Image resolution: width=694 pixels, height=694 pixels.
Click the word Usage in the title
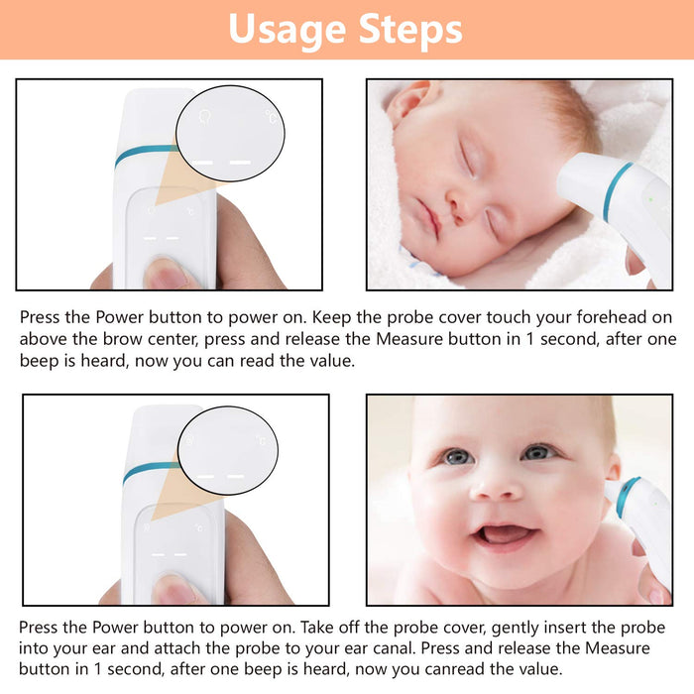coord(287,30)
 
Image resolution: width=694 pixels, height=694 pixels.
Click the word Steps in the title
coord(410,29)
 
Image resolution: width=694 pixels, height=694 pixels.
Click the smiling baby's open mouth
coord(504,534)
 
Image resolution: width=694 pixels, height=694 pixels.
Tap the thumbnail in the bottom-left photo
coord(173,590)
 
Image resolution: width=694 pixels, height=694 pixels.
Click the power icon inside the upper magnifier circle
coord(204,117)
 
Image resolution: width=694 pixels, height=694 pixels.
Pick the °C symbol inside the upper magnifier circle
coord(272,117)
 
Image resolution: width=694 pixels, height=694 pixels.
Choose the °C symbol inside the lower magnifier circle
coord(261,440)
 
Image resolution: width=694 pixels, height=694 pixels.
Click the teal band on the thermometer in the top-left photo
coord(146,153)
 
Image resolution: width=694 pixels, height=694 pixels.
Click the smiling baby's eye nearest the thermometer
coord(537,452)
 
